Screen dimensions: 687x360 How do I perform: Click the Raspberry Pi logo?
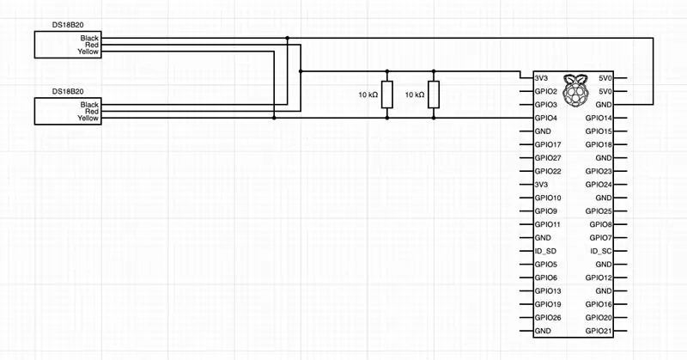tap(575, 90)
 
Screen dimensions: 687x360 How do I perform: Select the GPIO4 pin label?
tap(545, 118)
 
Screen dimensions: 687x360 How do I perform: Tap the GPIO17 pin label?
tap(548, 144)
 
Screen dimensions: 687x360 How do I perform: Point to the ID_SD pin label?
tap(545, 251)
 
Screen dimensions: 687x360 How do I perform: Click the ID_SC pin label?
tap(600, 251)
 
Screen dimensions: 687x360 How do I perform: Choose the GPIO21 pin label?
tap(599, 331)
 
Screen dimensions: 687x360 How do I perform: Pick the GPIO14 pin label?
tap(599, 118)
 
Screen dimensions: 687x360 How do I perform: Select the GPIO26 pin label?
tap(548, 317)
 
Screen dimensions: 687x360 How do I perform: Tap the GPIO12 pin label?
tap(599, 278)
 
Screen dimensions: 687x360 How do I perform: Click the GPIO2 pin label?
tap(545, 91)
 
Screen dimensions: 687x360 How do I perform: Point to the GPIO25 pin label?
tap(599, 211)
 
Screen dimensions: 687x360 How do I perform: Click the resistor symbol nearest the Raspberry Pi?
tap(434, 95)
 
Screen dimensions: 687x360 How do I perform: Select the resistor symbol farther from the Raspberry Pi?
tap(387, 95)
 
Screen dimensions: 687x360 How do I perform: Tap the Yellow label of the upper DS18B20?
tap(88, 52)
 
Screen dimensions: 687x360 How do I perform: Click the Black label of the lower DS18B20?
tap(89, 105)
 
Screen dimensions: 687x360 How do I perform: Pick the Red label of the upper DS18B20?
tap(92, 45)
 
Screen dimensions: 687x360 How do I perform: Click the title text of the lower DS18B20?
tap(68, 91)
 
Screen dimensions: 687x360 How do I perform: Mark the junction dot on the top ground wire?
tap(288, 38)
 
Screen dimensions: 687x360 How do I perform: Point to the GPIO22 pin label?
tap(548, 172)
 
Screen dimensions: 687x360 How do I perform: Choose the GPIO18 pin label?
tap(599, 144)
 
